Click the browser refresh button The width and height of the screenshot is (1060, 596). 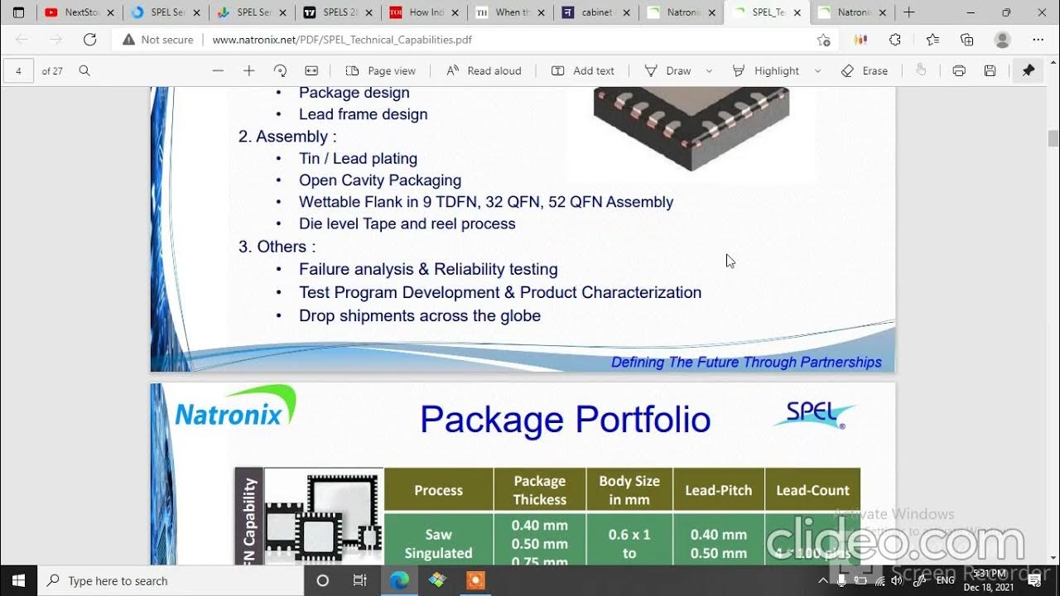pos(90,40)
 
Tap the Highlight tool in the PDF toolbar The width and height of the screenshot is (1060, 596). pos(766,70)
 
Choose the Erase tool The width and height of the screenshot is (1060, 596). pos(865,70)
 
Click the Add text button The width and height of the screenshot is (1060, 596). pos(583,70)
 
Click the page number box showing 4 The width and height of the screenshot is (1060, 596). pos(18,70)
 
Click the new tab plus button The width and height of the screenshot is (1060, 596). pos(908,12)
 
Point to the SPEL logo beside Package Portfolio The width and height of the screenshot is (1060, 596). pos(815,415)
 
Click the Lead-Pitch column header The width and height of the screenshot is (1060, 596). pos(718,490)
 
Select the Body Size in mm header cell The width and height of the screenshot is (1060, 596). pos(629,490)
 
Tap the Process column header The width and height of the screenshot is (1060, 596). pos(438,490)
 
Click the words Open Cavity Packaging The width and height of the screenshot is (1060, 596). pos(379,180)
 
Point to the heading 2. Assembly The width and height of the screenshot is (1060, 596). pos(287,137)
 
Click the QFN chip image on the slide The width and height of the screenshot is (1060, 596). pos(691,124)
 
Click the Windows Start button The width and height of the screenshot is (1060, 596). pos(18,580)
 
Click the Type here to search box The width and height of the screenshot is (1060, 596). pos(166,580)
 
